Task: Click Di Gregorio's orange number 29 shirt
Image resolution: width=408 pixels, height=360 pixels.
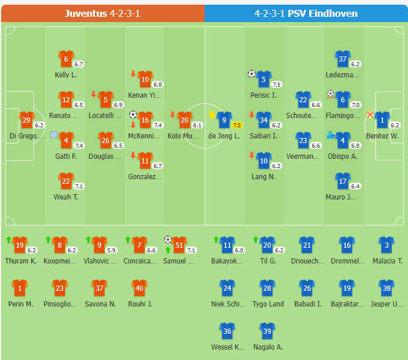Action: pyautogui.click(x=26, y=120)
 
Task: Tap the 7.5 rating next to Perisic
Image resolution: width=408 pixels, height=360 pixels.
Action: pyautogui.click(x=277, y=84)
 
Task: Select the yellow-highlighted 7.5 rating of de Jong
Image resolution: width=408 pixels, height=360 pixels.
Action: pyautogui.click(x=237, y=125)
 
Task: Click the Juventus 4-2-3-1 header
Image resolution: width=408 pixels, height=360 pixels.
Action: pyautogui.click(x=102, y=13)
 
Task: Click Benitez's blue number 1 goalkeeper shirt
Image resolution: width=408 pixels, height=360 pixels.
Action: pyautogui.click(x=382, y=120)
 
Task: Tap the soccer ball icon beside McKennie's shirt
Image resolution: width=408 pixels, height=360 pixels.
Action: pyautogui.click(x=133, y=115)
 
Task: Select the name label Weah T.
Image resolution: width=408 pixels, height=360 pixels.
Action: pyautogui.click(x=66, y=197)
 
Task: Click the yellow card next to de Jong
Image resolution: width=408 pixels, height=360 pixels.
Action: pyautogui.click(x=212, y=115)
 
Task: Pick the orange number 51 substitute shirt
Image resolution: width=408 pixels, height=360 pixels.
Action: pyautogui.click(x=178, y=245)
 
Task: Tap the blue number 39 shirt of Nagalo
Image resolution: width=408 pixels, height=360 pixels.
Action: pyautogui.click(x=267, y=332)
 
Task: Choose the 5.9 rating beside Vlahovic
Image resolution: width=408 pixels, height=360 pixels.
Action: pyautogui.click(x=112, y=250)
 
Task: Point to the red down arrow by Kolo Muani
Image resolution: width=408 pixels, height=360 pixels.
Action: pyautogui.click(x=173, y=115)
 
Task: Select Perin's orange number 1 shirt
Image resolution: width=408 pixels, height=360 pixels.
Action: pyautogui.click(x=20, y=288)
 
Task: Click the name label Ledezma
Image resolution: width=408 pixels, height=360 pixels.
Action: pyautogui.click(x=343, y=75)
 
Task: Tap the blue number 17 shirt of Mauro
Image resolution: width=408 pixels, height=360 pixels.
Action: pyautogui.click(x=343, y=181)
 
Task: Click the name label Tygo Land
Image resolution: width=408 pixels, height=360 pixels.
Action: pyautogui.click(x=268, y=304)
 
